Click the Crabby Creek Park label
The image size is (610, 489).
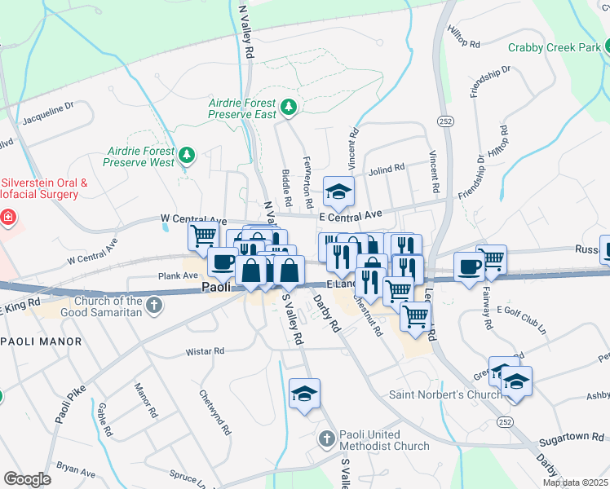click(x=554, y=48)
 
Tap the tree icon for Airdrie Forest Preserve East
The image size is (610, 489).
click(x=287, y=107)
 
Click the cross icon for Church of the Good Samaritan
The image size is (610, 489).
click(x=154, y=306)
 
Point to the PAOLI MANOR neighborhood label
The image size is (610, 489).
click(x=41, y=341)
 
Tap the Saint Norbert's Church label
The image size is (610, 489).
click(x=444, y=395)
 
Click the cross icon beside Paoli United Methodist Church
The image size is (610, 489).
click(x=326, y=439)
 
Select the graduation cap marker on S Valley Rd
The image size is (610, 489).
click(x=305, y=394)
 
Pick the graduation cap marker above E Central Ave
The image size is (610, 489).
click(x=338, y=192)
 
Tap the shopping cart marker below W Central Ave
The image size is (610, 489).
click(x=202, y=236)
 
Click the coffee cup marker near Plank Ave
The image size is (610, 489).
click(x=222, y=262)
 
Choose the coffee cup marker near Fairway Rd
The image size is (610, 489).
click(x=469, y=267)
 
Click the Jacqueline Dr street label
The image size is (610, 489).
click(x=48, y=111)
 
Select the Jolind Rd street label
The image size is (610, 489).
click(x=387, y=169)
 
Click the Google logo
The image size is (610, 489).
click(x=27, y=479)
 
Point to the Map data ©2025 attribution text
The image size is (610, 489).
click(x=576, y=483)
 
